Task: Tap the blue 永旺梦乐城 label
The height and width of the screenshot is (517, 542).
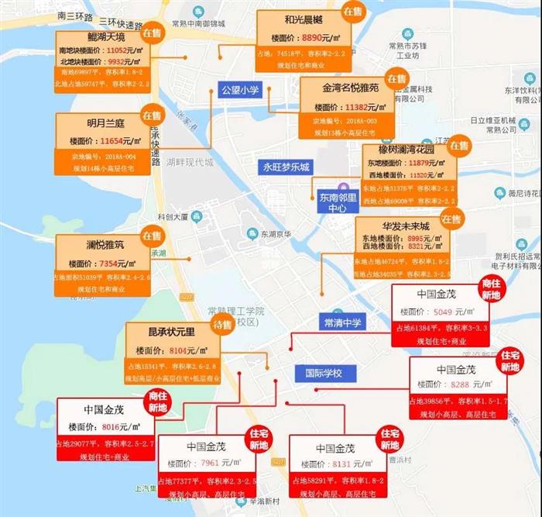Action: pyautogui.click(x=286, y=167)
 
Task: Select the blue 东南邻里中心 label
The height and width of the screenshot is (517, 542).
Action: pyautogui.click(x=338, y=203)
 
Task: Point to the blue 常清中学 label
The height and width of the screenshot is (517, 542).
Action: pyautogui.click(x=343, y=321)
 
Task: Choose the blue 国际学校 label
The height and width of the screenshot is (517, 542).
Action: pyautogui.click(x=323, y=373)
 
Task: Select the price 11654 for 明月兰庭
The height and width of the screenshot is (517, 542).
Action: pyautogui.click(x=116, y=142)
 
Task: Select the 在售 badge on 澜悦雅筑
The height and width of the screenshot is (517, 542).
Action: pyautogui.click(x=151, y=235)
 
